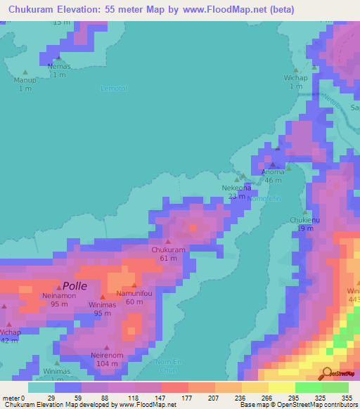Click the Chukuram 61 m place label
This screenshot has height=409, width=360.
click(x=168, y=254)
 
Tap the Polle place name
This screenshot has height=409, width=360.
click(x=75, y=286)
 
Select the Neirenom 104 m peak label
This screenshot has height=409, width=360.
click(x=107, y=360)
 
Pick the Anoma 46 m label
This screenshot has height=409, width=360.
click(x=273, y=176)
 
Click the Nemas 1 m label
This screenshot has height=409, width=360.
click(x=59, y=70)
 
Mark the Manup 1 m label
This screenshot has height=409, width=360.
click(x=25, y=84)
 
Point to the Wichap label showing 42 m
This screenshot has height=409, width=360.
click(x=10, y=335)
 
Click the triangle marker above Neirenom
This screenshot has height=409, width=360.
click(x=107, y=347)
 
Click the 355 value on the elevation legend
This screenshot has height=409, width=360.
click(x=345, y=397)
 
